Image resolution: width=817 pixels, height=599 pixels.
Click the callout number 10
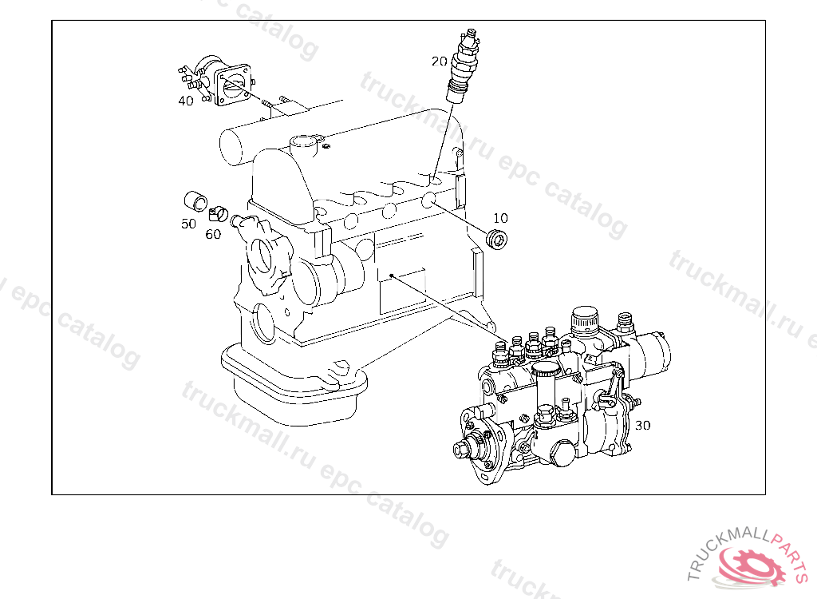click(500, 217)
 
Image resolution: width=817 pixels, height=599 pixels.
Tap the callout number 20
click(440, 61)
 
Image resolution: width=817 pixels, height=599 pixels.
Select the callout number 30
click(643, 425)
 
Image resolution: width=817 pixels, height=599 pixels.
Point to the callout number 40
click(185, 101)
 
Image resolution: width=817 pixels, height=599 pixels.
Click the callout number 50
click(188, 224)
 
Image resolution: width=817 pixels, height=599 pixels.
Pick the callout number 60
click(213, 234)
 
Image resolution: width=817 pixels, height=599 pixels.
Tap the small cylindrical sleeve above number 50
click(195, 199)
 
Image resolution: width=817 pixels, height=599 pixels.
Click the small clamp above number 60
click(217, 213)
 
